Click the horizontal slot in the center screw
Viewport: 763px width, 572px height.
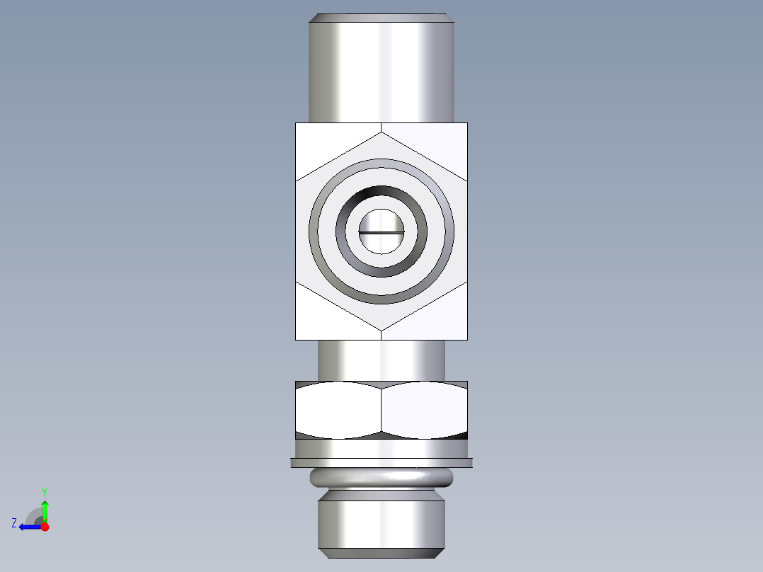coord(381,231)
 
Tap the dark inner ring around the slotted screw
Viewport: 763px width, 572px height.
coord(381,194)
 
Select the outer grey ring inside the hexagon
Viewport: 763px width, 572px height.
coord(381,165)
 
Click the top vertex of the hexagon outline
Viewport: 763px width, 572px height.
coord(381,132)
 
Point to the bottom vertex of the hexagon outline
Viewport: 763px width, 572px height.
coord(381,331)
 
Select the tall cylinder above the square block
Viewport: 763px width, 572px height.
coord(381,71)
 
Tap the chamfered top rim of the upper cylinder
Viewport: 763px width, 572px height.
coord(381,18)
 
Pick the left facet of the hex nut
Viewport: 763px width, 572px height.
coord(338,411)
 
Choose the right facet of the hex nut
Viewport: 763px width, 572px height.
coord(425,411)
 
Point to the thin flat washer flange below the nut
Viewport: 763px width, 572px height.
coord(381,463)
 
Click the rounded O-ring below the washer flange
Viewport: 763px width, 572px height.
coord(381,479)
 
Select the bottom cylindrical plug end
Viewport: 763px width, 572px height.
coord(381,524)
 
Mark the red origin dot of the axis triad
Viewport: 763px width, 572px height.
coord(45,527)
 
